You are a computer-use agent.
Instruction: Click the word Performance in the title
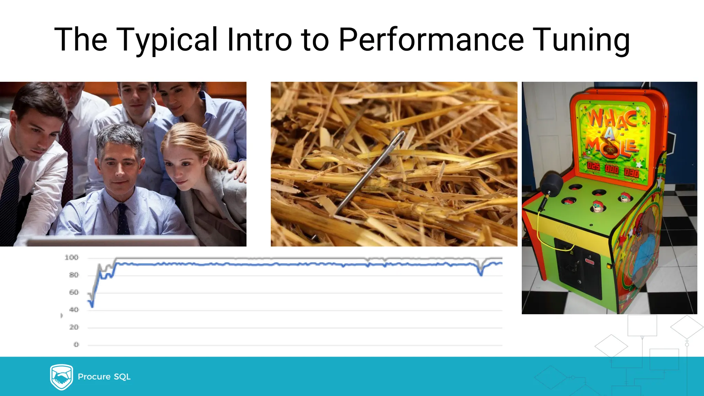click(x=431, y=40)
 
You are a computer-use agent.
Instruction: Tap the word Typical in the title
click(x=167, y=40)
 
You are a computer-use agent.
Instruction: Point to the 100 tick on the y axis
click(x=71, y=257)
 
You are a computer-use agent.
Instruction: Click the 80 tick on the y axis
click(x=74, y=275)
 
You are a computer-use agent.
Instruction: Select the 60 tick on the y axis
click(x=74, y=293)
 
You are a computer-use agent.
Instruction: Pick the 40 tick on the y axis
click(x=74, y=310)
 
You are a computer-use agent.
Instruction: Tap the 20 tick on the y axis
click(x=74, y=327)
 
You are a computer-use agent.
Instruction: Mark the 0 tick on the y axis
click(x=76, y=344)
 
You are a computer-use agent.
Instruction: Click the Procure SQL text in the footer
click(x=104, y=377)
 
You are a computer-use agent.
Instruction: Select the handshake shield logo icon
click(x=61, y=377)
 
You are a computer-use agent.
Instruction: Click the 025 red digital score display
click(x=593, y=167)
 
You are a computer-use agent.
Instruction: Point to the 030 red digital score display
click(x=631, y=173)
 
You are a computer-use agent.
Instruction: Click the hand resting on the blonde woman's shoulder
click(x=239, y=170)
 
